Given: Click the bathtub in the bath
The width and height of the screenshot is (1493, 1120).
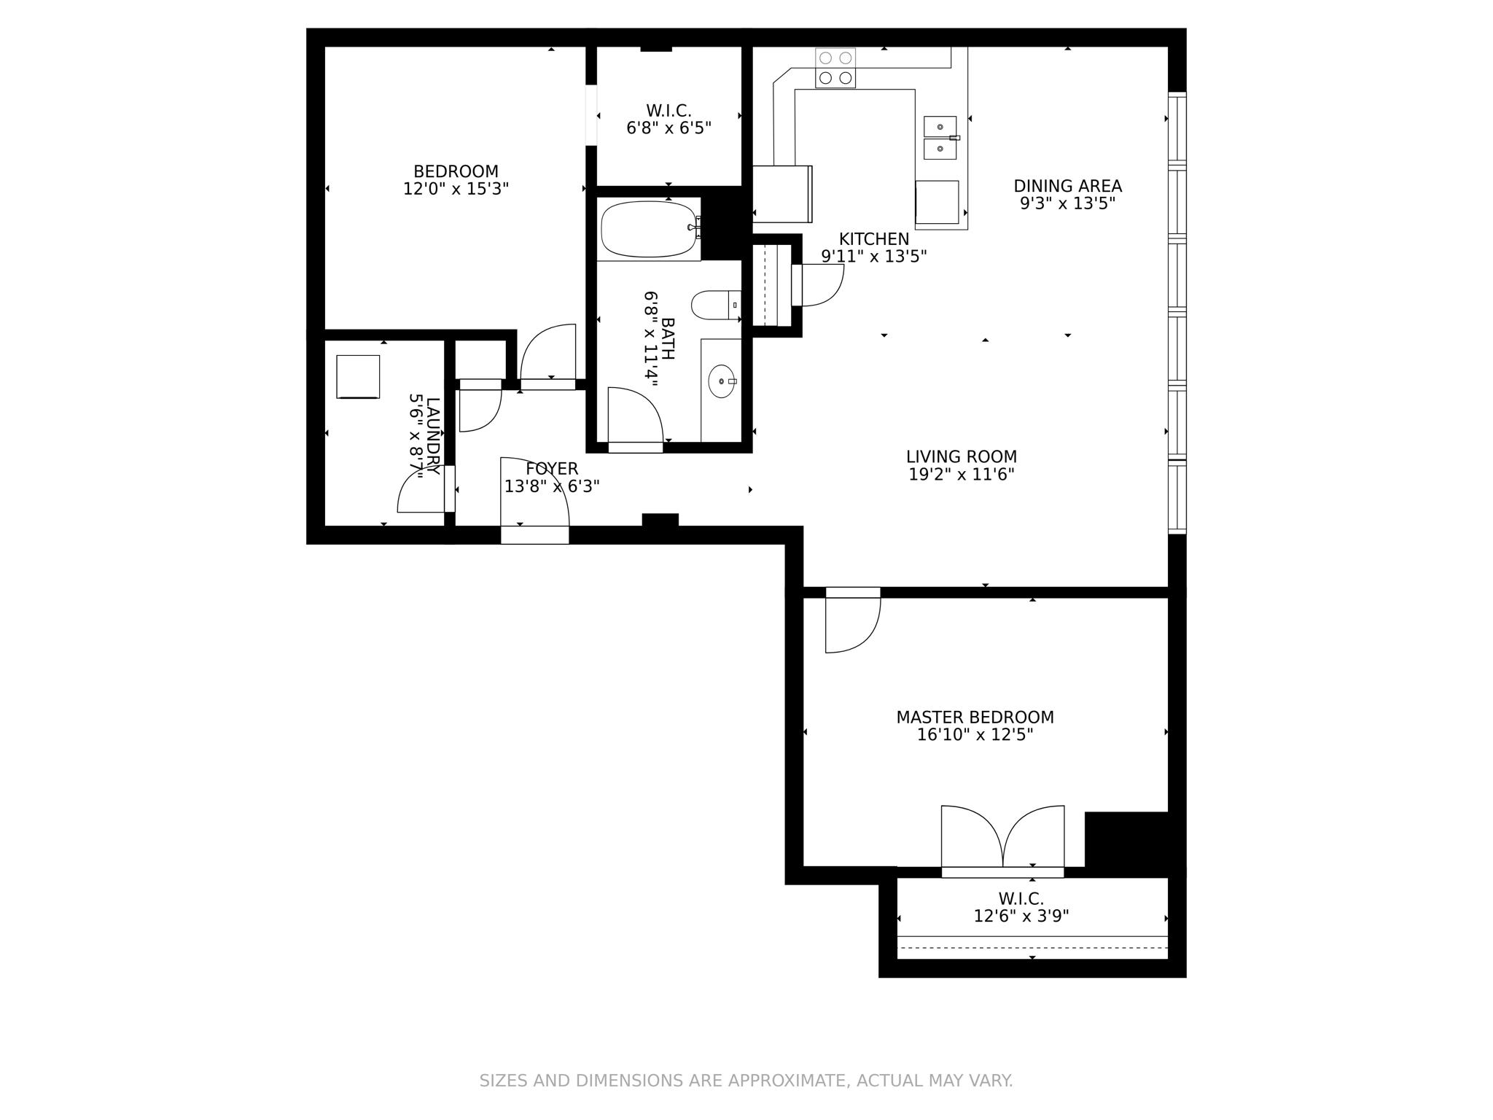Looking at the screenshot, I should click(648, 229).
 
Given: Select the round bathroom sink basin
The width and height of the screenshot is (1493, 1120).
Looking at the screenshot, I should click(722, 381).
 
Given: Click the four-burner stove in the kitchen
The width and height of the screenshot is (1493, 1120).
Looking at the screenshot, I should click(835, 68).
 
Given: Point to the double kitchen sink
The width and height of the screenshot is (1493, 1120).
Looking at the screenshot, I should click(940, 137).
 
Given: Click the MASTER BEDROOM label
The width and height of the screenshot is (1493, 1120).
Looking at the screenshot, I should click(975, 717).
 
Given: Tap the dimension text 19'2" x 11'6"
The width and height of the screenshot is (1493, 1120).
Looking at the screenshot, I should click(961, 475).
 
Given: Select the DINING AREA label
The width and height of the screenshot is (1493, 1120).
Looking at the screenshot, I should click(1067, 186).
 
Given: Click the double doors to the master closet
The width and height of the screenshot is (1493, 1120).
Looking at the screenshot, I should click(1002, 839).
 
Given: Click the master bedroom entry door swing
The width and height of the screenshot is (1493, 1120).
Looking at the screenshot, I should click(851, 623).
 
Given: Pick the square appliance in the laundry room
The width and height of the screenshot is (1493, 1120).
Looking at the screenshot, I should click(358, 376).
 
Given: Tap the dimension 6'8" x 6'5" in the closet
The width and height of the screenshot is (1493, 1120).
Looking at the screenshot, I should click(668, 128).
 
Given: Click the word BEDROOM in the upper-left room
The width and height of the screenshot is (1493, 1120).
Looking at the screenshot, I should click(456, 171).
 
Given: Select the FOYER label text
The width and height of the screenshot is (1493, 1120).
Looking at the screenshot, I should click(552, 469).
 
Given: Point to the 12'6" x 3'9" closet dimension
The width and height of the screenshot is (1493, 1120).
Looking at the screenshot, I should click(1021, 916).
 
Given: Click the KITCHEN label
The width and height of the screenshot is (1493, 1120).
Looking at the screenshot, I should click(873, 239).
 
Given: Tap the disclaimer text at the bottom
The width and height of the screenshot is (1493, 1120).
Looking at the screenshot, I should click(746, 1081).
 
